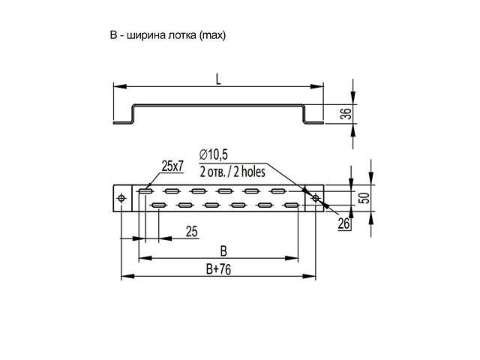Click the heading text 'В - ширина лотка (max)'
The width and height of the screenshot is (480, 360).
(x=167, y=35)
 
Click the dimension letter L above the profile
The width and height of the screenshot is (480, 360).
(x=218, y=78)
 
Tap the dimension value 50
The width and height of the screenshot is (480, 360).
(x=363, y=198)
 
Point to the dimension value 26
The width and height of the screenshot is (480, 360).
(x=344, y=223)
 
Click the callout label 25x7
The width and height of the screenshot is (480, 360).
(x=172, y=164)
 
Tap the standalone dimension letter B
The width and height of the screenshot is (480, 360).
(x=222, y=250)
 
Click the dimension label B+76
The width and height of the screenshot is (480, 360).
(x=218, y=269)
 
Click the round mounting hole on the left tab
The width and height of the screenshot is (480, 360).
(x=121, y=198)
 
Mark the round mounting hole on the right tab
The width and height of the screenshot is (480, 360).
(x=315, y=198)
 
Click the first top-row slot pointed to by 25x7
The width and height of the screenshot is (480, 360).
(x=145, y=191)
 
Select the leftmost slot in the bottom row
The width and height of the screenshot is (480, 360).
(x=158, y=205)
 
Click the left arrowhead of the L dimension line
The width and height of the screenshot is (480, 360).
(x=117, y=86)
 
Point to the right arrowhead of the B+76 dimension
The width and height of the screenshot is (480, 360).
(x=313, y=277)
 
